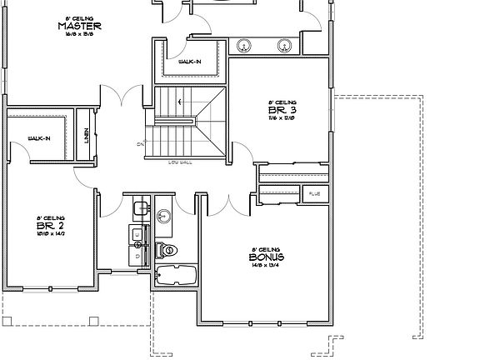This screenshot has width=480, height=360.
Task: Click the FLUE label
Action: click(x=314, y=194)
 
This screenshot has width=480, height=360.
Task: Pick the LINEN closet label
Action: click(x=87, y=136)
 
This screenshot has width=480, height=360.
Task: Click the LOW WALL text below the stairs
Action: click(x=180, y=162)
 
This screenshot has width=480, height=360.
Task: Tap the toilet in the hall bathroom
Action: click(x=166, y=249)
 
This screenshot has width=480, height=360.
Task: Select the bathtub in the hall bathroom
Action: click(x=175, y=275)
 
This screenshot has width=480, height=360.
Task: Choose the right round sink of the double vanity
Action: click(x=284, y=45)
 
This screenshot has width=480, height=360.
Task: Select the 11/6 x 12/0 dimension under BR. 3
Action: click(x=280, y=118)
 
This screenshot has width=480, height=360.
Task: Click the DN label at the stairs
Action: click(x=140, y=143)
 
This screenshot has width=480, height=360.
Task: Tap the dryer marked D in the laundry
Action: click(x=138, y=257)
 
